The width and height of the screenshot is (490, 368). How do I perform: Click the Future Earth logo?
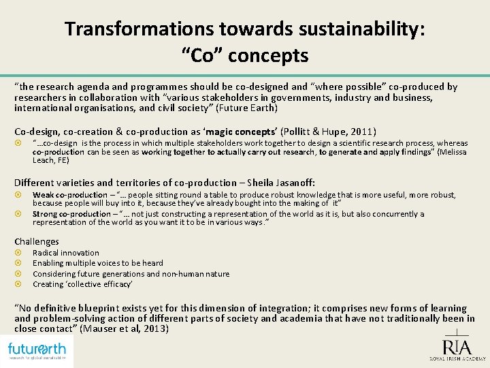tap(37, 351)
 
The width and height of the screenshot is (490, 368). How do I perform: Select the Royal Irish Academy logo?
tap(456, 346)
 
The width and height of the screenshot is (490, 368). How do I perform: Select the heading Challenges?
tap(37, 241)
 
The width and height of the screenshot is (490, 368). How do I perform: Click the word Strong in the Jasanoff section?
tap(44, 214)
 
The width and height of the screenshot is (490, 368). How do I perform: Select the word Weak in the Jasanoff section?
tap(42, 195)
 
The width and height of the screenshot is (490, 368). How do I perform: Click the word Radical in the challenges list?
tap(46, 253)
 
